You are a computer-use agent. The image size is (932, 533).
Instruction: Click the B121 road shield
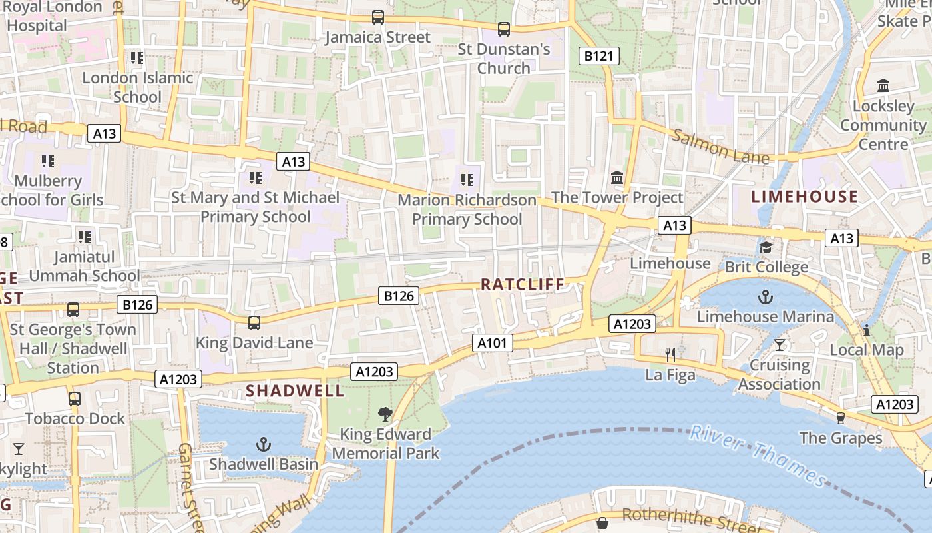click(598, 56)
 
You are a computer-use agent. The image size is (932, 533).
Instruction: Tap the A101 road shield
click(493, 344)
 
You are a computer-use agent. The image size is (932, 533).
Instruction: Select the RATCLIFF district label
click(523, 284)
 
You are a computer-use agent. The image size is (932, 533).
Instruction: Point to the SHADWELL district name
click(296, 391)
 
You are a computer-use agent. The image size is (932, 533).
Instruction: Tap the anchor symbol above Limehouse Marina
click(766, 296)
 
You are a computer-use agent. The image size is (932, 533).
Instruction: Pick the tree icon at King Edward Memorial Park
click(385, 414)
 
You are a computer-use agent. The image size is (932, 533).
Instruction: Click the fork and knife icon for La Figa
click(670, 355)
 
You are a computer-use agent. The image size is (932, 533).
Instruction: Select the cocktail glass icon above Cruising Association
click(780, 345)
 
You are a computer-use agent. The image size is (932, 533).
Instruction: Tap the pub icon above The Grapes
click(841, 418)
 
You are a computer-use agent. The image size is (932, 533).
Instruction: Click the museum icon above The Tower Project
click(617, 178)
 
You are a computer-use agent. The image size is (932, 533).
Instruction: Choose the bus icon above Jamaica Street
click(378, 17)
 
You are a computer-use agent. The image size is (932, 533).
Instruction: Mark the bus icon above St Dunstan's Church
click(504, 29)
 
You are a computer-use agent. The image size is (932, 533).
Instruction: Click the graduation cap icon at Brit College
click(766, 248)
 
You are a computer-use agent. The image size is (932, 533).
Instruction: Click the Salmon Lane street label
click(720, 147)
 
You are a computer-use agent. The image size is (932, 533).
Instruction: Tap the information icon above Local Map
click(867, 330)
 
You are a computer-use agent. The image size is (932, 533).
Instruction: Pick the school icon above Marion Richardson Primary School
click(467, 179)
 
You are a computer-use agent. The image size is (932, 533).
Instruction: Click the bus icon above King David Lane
click(254, 323)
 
